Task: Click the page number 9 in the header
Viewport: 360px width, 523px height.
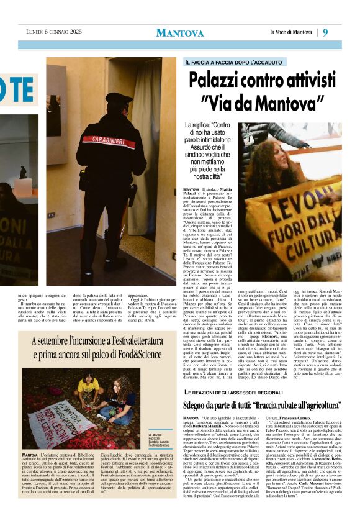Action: pos(325,32)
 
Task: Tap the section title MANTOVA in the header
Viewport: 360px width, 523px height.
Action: pos(179,33)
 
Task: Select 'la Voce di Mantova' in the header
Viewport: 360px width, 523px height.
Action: pos(290,32)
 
